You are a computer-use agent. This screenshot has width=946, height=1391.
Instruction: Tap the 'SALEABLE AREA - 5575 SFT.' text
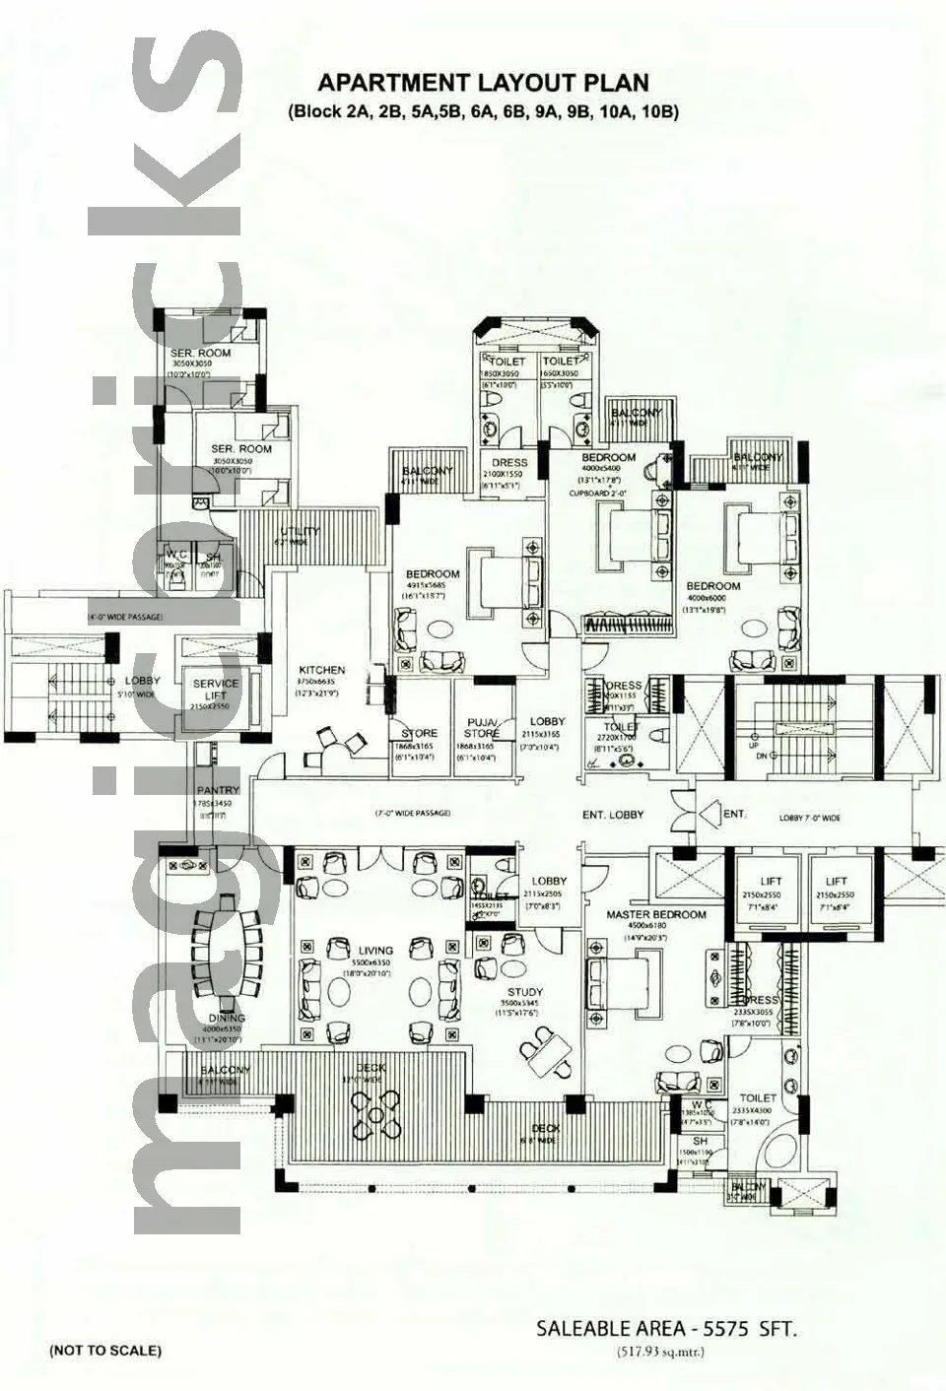pos(666,1329)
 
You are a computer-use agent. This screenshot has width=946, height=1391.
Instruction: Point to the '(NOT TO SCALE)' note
pos(105,1350)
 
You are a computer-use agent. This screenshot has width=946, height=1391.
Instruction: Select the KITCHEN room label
pos(321,670)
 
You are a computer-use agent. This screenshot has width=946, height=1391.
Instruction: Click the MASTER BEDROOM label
pos(655,914)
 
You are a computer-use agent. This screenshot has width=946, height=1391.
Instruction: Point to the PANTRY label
pos(213,790)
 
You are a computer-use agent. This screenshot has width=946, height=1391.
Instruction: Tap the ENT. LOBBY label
pos(613,814)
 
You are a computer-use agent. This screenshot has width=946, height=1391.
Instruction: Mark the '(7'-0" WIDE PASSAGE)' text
pos(412,813)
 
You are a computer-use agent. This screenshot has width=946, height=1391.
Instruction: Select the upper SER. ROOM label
pos(200,352)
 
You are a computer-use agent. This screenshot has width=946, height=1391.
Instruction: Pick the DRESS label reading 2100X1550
pos(509,462)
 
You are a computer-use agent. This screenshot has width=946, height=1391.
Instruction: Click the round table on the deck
pos(375,1112)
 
